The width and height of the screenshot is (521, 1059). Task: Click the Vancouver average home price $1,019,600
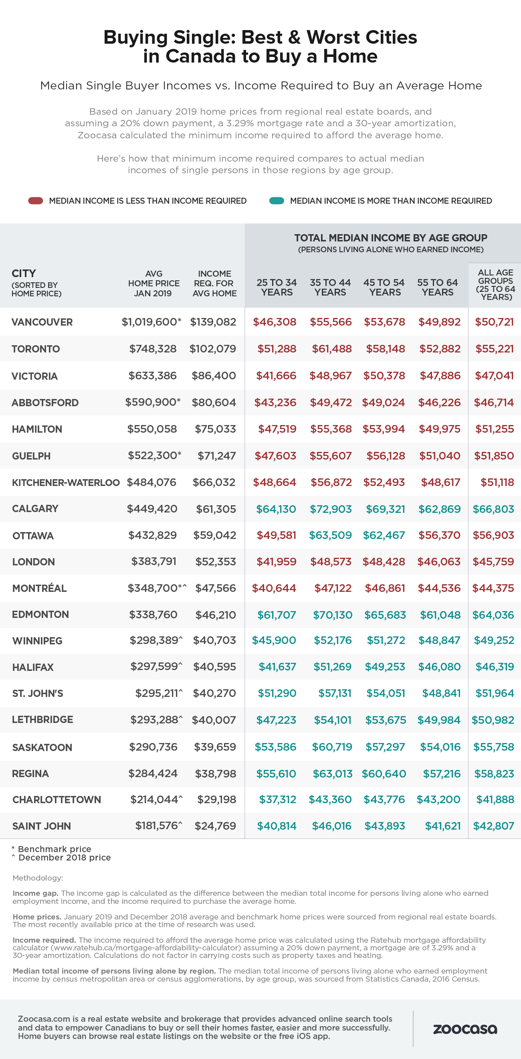click(150, 322)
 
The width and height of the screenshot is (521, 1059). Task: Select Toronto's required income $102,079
click(212, 348)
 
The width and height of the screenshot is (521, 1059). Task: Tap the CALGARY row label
click(35, 508)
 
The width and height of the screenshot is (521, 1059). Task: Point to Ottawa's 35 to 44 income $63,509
click(330, 535)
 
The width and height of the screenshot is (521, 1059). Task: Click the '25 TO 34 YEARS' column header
click(277, 288)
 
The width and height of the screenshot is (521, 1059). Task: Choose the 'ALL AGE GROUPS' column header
click(495, 284)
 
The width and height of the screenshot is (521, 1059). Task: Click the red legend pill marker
click(35, 200)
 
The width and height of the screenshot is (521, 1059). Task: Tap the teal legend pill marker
click(277, 200)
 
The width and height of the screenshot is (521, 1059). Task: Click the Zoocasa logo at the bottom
click(465, 1029)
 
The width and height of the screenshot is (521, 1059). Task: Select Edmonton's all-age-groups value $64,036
click(493, 615)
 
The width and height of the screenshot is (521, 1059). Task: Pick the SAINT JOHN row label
click(42, 826)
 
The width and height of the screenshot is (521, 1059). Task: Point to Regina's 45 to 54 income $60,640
click(384, 773)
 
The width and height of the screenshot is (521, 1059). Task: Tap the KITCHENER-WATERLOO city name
click(66, 482)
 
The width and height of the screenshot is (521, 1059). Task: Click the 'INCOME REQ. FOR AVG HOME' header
click(214, 283)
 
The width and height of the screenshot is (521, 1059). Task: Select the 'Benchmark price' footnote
click(54, 849)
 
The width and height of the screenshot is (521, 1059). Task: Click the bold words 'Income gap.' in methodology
click(35, 893)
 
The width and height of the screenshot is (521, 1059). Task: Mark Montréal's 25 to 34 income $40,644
click(274, 588)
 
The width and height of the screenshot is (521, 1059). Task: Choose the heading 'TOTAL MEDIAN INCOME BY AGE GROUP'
click(390, 238)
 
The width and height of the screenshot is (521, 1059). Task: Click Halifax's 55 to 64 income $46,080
click(439, 667)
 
